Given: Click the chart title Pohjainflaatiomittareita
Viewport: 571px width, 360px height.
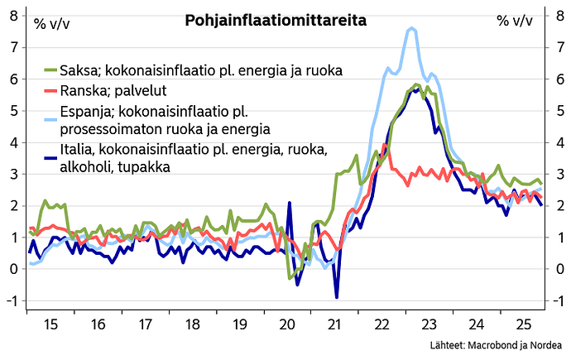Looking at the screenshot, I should point(266,19).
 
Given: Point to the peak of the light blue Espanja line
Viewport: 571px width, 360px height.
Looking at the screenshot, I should point(411,29).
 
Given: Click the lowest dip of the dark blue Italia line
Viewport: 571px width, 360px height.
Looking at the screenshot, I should point(337,296).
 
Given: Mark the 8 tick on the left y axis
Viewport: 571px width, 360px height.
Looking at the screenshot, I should point(13,16).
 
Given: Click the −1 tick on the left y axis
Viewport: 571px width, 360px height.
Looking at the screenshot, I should point(12,300).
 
